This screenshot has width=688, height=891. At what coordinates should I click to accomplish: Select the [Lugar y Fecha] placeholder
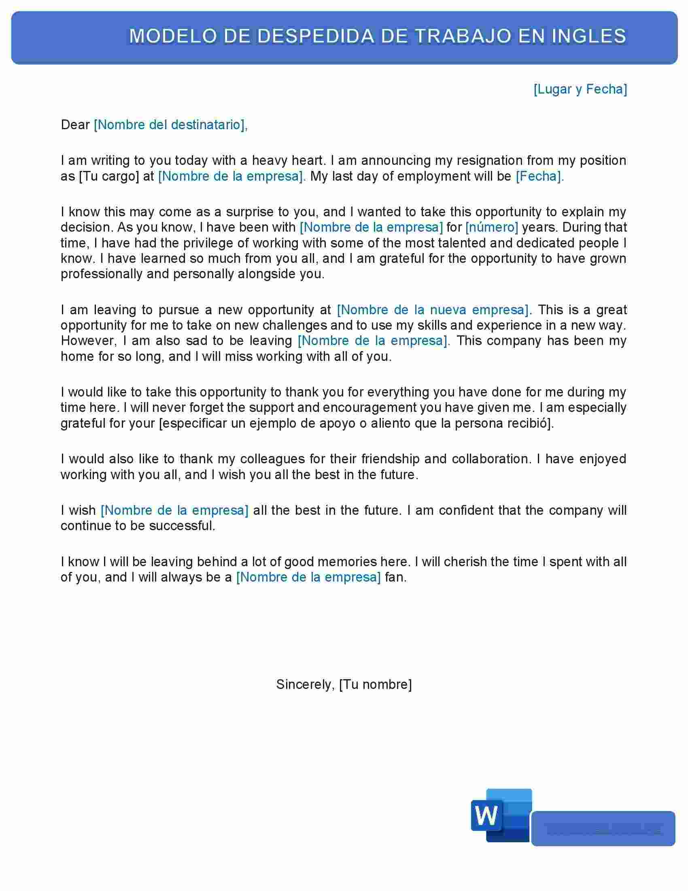(580, 89)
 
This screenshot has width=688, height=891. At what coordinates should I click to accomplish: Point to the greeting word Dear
(74, 124)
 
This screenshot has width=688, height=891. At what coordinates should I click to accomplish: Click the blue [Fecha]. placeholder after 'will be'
(539, 176)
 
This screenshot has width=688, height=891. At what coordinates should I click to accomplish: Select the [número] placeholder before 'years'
(492, 227)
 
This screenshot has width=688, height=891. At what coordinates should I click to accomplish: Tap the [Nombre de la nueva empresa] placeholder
(433, 310)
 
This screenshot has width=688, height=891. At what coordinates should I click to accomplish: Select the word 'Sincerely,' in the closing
(305, 684)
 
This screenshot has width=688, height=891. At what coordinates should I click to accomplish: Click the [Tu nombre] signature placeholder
(376, 684)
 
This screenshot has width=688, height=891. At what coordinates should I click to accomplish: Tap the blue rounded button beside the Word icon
(603, 829)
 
